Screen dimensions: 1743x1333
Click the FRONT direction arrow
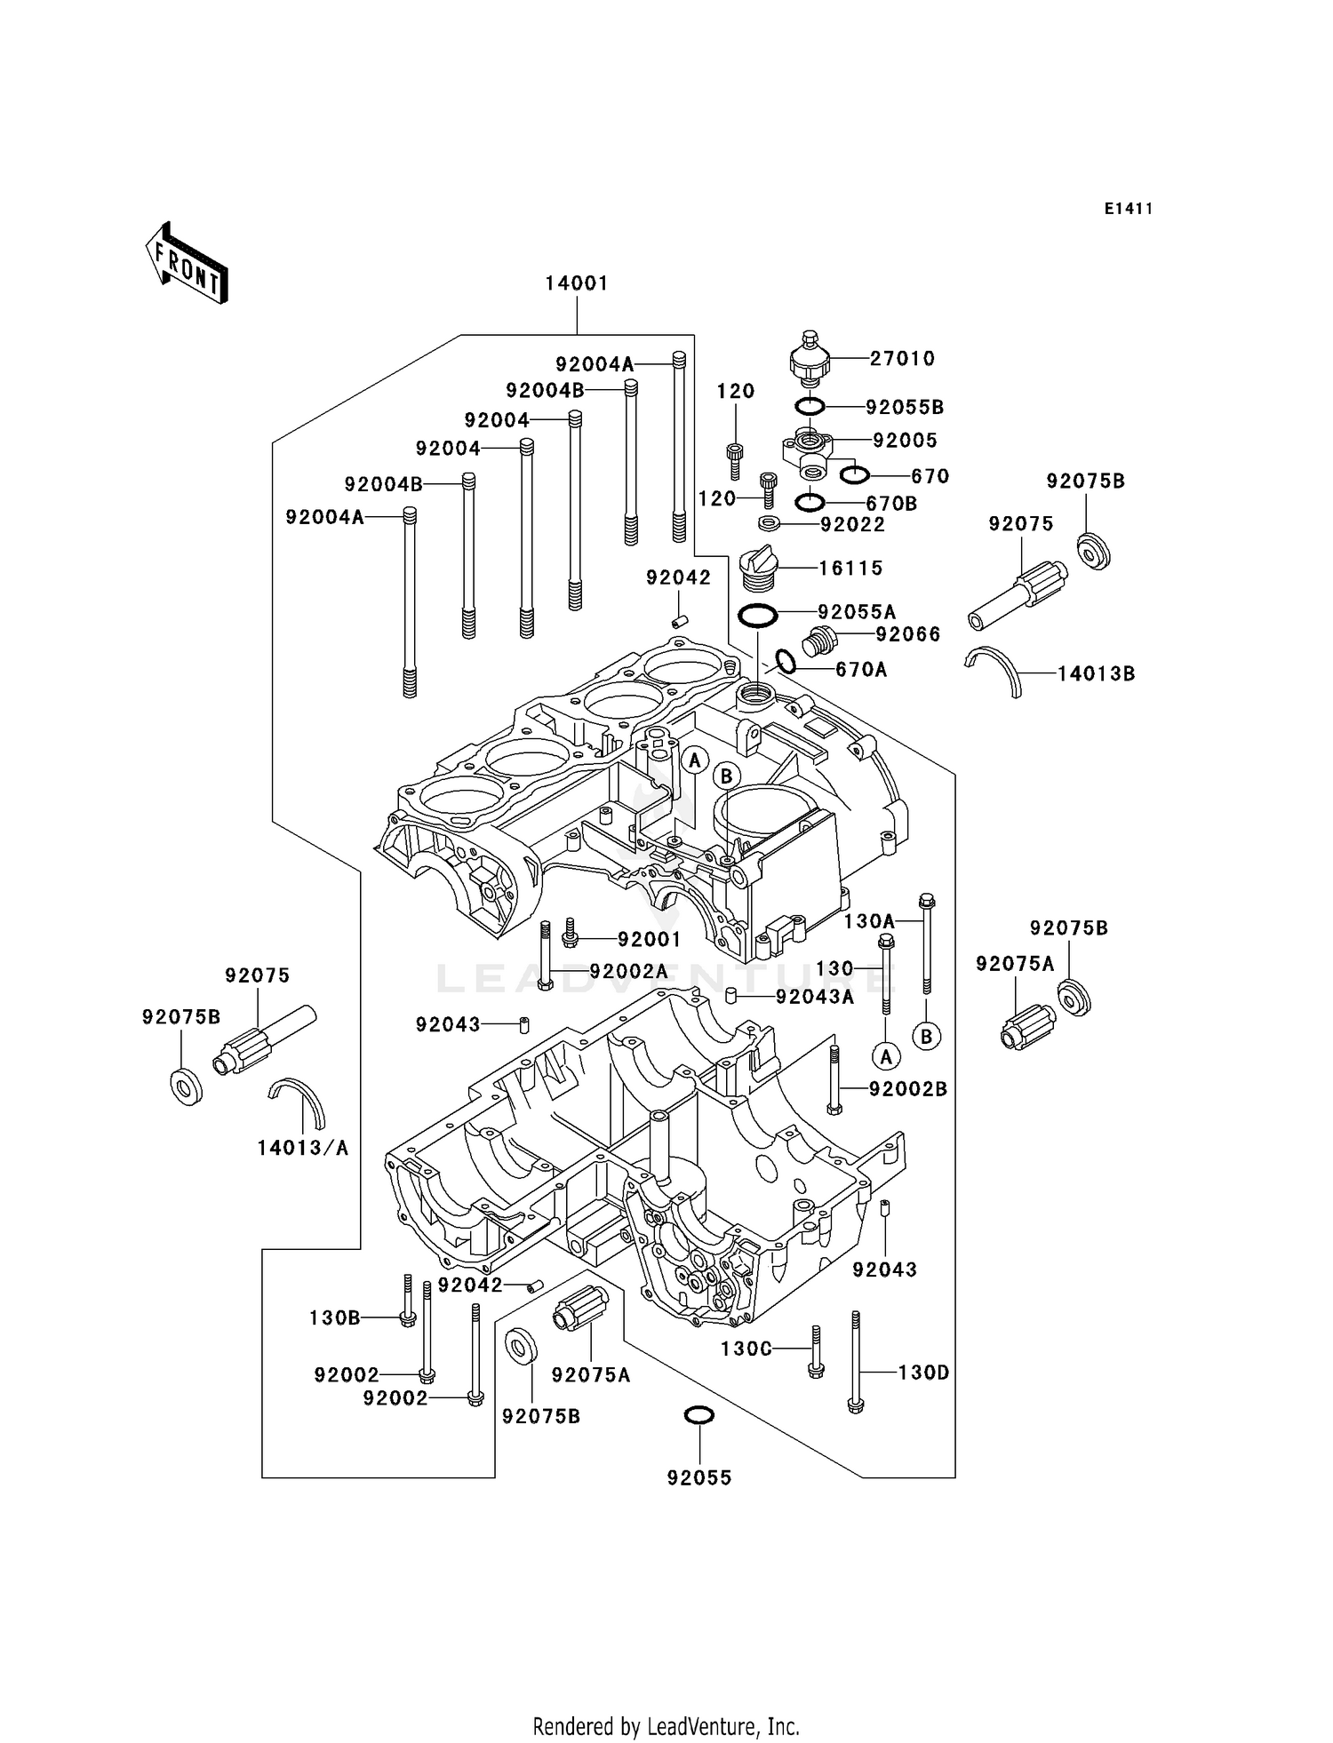pos(188,264)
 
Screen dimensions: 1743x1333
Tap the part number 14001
pos(577,283)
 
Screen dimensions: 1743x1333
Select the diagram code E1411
pos(1129,209)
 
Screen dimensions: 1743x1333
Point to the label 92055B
pos(905,408)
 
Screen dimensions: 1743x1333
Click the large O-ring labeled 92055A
pos(758,615)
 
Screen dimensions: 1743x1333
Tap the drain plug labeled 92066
pos(819,641)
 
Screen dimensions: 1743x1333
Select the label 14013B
pos(1096,674)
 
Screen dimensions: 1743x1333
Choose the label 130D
pos(923,1373)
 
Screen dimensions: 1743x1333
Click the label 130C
pos(746,1349)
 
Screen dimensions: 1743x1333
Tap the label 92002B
pos(908,1089)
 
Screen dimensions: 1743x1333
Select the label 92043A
pos(815,997)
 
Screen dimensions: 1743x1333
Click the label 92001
pos(649,939)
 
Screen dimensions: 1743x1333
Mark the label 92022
pos(852,525)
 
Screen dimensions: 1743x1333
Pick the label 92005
pos(905,441)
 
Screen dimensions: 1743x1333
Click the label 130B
pos(334,1317)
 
